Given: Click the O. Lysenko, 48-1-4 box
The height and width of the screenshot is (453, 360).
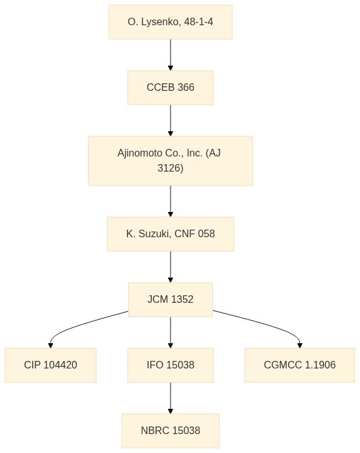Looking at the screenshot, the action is click(171, 22).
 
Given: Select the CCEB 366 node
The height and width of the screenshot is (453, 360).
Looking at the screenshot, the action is click(171, 88).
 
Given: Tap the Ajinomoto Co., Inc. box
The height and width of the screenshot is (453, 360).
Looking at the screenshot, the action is click(171, 161).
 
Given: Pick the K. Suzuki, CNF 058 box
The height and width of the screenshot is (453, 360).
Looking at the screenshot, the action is click(171, 234).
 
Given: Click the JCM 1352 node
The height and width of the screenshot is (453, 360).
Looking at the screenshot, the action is click(171, 300).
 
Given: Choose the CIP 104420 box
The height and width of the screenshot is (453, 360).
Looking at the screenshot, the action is click(51, 365).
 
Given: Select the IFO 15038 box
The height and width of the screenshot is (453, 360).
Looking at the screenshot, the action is click(171, 365).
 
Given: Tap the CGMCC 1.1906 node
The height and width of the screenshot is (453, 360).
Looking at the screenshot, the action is click(299, 365).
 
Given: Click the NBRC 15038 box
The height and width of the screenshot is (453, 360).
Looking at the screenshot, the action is click(171, 431).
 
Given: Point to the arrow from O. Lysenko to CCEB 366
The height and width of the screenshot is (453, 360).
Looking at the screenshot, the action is click(171, 55).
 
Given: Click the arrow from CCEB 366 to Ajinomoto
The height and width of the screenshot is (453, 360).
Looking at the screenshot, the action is click(171, 121).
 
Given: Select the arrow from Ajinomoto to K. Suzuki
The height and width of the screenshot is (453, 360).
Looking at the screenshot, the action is click(171, 201).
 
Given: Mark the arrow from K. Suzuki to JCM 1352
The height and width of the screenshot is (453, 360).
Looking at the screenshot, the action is click(171, 267).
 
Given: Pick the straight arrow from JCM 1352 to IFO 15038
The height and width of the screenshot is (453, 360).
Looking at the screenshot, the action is click(171, 332).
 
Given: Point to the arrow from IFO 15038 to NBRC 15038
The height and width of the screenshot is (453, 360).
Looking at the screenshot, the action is click(171, 398).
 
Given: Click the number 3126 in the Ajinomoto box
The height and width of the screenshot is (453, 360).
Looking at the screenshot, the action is click(171, 168).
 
